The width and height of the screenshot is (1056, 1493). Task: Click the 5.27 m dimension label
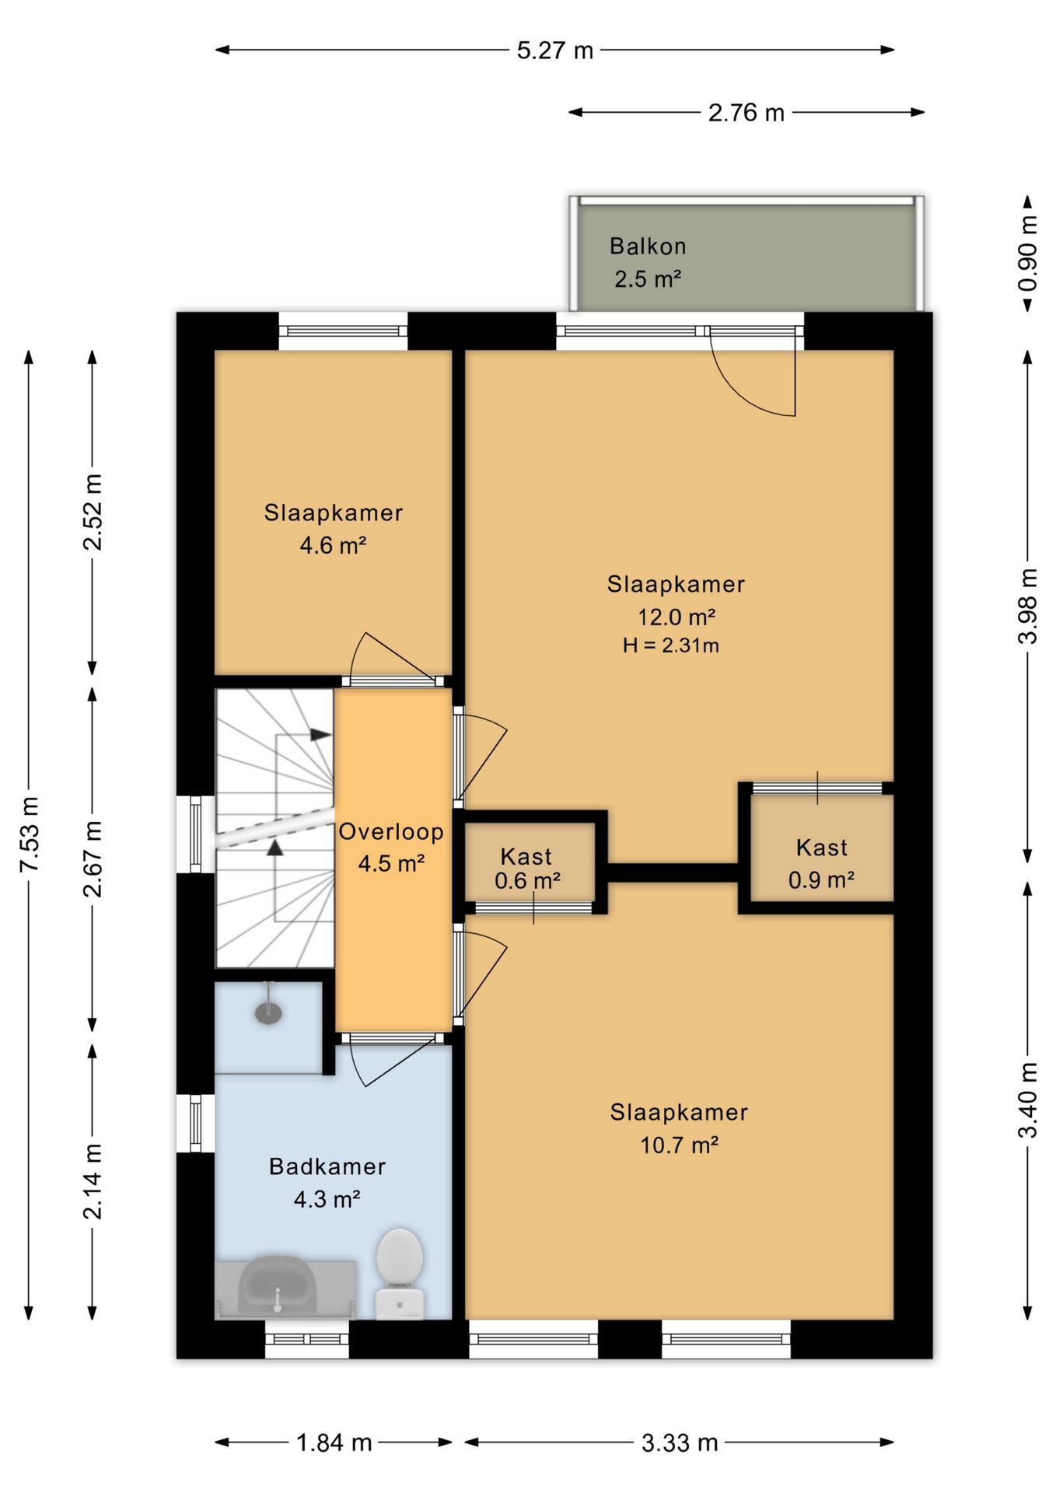[555, 51]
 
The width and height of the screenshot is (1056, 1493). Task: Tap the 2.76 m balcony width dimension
[746, 114]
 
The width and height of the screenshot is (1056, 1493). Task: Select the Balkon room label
[648, 247]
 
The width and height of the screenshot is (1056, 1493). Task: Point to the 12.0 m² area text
[677, 617]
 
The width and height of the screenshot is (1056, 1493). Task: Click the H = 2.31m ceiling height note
[670, 645]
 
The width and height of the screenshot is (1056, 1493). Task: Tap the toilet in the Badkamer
[400, 1274]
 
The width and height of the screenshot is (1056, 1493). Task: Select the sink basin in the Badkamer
[277, 1287]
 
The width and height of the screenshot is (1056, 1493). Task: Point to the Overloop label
[391, 831]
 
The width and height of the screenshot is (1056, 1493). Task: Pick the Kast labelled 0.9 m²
[822, 863]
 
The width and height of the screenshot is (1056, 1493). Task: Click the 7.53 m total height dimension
[29, 834]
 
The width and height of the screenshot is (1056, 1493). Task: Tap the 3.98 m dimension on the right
[1027, 606]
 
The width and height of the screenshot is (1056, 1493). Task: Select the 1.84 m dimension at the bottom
[334, 1442]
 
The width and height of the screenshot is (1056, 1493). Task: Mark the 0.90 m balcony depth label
[1027, 253]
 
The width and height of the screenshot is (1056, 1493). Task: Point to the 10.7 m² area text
[679, 1145]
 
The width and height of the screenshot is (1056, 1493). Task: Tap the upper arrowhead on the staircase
[320, 734]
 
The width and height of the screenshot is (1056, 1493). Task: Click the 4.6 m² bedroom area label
[333, 545]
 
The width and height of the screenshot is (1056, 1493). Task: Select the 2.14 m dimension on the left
[92, 1181]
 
